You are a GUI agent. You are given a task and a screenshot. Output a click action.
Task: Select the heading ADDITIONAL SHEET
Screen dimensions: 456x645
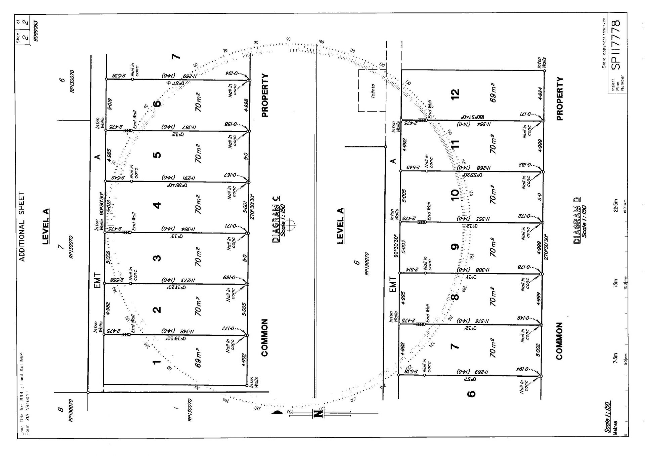click(x=22, y=226)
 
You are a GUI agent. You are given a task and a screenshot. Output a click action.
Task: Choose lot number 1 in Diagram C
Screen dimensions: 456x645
click(x=157, y=362)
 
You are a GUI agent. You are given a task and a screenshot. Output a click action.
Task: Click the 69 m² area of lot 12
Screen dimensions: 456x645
click(x=493, y=93)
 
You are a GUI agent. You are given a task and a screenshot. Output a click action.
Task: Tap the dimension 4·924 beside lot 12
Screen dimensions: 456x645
click(x=540, y=94)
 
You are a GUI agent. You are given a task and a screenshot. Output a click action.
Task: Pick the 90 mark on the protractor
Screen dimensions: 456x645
click(x=288, y=39)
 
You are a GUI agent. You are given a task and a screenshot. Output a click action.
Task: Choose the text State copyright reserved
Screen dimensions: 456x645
click(x=604, y=43)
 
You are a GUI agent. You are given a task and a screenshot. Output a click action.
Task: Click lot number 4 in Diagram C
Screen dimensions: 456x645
click(x=157, y=205)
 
